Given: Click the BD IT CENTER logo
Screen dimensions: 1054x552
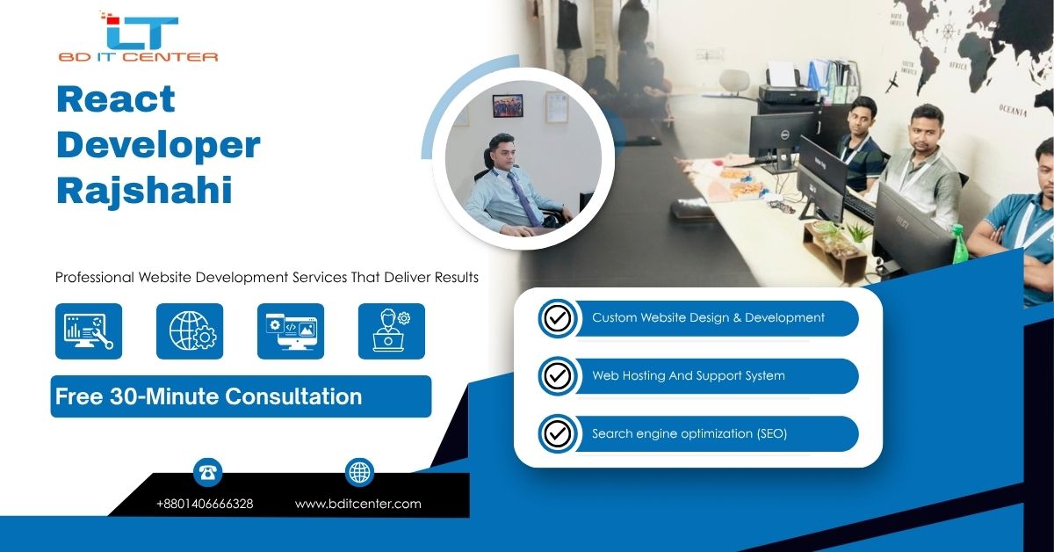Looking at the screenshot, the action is pos(139,37).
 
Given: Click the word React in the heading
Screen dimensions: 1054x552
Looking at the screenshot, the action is pos(116,99).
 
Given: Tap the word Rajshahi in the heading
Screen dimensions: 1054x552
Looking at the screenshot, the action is pos(144,191).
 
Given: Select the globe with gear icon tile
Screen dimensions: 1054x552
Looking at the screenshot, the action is pos(190,331).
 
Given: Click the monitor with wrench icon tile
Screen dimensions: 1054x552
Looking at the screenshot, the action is pos(89,331).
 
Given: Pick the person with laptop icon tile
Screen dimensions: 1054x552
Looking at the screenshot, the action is pos(392,331).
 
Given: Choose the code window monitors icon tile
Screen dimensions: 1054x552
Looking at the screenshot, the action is pos(291,331).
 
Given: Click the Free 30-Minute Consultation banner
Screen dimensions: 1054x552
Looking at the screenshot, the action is pos(241,396).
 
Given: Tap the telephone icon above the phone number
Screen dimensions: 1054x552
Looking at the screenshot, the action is pos(207,472).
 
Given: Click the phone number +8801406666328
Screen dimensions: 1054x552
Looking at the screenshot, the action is pos(205,504).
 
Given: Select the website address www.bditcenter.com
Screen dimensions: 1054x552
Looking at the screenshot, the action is pos(358,504).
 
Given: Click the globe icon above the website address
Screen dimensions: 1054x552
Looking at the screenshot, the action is pos(359,472).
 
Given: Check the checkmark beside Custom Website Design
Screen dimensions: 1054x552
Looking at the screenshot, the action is pos(558,318).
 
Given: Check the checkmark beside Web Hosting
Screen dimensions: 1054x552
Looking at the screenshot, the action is pos(558,376).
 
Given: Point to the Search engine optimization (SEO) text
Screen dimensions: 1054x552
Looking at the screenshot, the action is pos(689,433).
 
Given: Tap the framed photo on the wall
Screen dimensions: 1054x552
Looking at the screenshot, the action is pos(508,105).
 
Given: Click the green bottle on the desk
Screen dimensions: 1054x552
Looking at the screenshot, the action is pos(958,245).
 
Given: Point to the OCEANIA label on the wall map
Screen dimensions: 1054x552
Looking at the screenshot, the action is pos(1013,111).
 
